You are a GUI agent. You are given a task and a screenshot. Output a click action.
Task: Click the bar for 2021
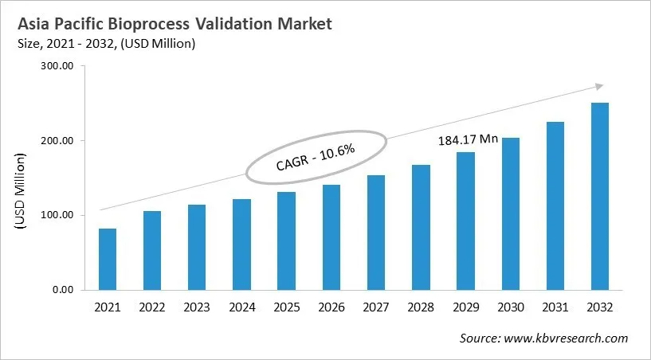point(107,259)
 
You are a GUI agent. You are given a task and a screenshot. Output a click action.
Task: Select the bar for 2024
point(241,244)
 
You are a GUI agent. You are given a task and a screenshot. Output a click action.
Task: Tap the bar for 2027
point(376,232)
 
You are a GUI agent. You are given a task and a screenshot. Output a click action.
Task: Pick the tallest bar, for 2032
point(600,196)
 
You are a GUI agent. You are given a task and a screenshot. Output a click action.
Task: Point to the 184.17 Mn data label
point(468,139)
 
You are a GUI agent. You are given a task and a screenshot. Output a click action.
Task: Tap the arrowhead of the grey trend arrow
point(598,87)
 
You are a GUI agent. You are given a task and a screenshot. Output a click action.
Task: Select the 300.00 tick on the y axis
point(55,67)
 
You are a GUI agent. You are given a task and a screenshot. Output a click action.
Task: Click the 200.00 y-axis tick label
point(55,141)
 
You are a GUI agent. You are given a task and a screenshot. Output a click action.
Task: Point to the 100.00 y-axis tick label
point(55,215)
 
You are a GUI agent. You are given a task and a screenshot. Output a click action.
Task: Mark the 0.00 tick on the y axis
point(61,289)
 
